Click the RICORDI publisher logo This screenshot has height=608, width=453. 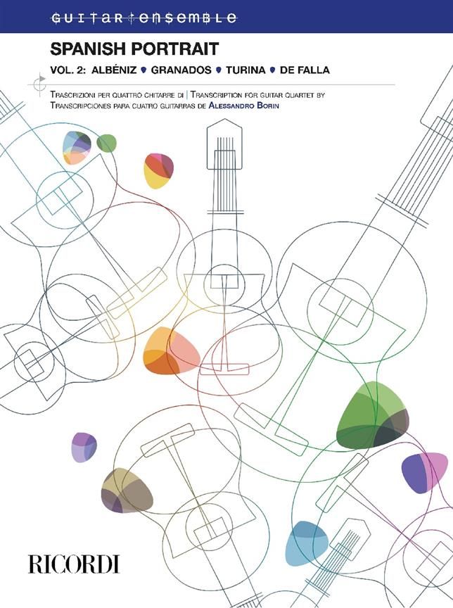[x=74, y=564]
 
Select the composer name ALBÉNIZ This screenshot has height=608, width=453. [x=114, y=70]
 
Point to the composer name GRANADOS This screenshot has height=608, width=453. [x=181, y=70]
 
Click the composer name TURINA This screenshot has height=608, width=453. [x=245, y=70]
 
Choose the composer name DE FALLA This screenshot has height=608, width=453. [x=305, y=70]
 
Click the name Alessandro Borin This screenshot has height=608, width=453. [x=243, y=105]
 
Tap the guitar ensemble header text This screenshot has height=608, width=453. [x=143, y=18]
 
